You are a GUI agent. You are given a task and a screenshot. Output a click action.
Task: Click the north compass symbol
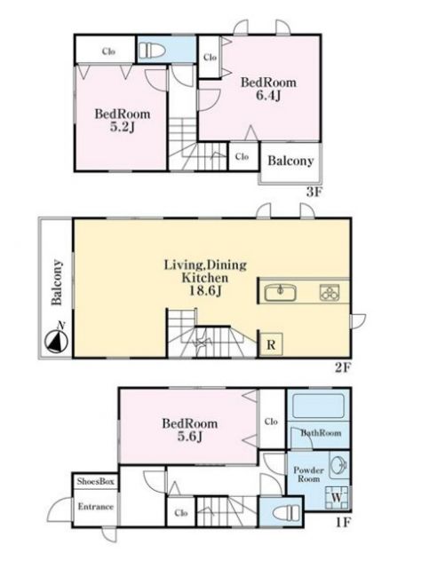coord(57,341)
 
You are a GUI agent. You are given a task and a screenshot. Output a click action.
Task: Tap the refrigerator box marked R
coord(271,344)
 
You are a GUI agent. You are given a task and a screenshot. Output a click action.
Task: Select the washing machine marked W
coord(337,498)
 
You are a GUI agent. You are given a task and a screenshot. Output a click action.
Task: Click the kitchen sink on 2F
coord(280,293)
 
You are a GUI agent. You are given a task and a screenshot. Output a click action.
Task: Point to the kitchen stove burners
coord(330,293)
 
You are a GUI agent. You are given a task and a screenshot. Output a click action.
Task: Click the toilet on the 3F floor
coord(152,51)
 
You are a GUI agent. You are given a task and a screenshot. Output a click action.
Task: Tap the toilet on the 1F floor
coord(286,513)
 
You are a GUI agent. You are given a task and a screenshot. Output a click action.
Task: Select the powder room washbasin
coord(338,465)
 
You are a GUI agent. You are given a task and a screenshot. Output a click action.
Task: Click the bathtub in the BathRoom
coord(318,406)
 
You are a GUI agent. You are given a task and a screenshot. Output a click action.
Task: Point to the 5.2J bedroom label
coord(123,121)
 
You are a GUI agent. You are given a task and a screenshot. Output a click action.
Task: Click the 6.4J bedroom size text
coord(269,95)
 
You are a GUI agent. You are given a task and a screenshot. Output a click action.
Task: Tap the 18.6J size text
coord(205,290)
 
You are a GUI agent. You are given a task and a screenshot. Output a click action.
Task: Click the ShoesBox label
coord(96,481)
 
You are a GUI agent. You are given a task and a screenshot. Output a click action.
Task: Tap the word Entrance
coord(96,507)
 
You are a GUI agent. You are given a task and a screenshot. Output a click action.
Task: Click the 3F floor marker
coord(314,192)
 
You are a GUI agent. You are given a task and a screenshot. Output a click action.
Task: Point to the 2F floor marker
coord(343,367)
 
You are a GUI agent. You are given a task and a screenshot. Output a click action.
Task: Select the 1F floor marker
coord(342,523)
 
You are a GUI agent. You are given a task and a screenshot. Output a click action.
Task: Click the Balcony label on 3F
coord(290,161)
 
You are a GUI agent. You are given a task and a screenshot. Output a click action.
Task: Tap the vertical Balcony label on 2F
coord(57,282)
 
